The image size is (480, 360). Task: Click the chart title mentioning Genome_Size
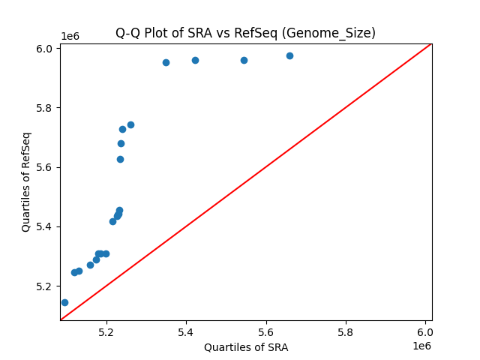click(245, 33)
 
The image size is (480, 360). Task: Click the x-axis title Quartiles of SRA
click(246, 347)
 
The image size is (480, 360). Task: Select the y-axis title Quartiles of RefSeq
click(26, 181)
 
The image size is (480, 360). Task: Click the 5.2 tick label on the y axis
click(44, 286)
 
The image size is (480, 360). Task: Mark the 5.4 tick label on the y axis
click(44, 226)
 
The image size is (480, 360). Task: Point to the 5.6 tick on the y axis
click(44, 167)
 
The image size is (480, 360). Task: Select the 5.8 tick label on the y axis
click(44, 108)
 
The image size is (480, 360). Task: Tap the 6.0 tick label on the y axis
click(44, 49)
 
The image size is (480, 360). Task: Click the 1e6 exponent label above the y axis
click(70, 36)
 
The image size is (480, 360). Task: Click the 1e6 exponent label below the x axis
click(421, 346)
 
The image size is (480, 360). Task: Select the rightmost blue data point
click(289, 55)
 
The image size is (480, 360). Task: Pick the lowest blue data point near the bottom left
click(64, 302)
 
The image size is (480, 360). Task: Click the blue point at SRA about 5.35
click(166, 62)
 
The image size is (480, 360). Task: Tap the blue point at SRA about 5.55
click(244, 60)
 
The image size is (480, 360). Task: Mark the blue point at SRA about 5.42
click(195, 60)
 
